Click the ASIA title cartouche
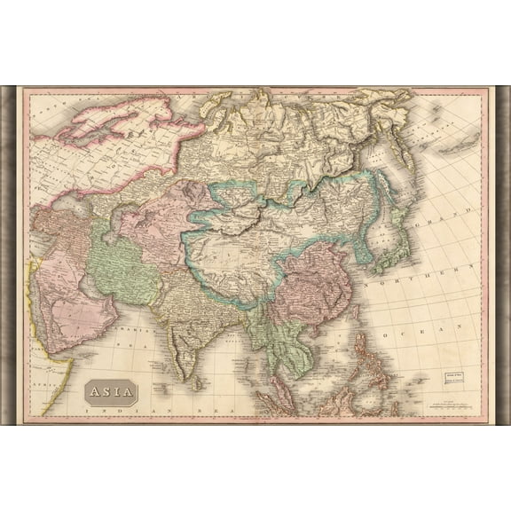[111, 391]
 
